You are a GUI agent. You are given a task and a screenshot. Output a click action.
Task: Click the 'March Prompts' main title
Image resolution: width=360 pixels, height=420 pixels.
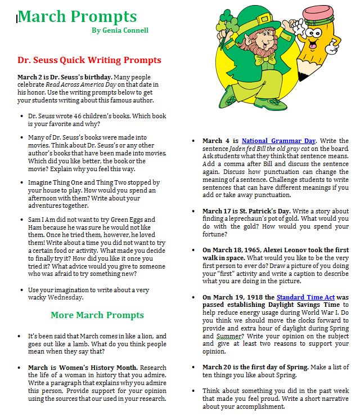(x=77, y=16)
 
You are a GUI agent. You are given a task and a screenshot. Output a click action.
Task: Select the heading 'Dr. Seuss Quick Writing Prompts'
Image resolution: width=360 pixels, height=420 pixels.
(x=89, y=60)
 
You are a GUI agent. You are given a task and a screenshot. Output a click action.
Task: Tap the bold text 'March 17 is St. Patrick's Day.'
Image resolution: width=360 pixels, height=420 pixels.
(x=251, y=211)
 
